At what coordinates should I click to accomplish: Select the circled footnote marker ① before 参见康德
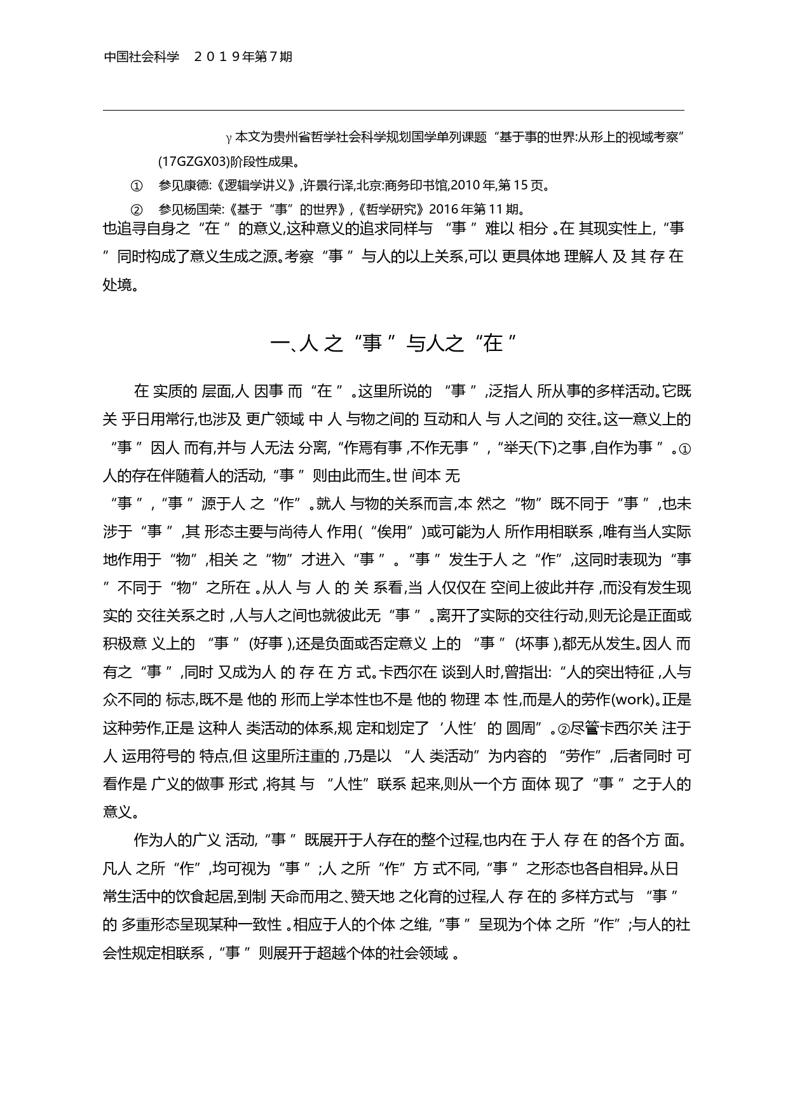point(137,186)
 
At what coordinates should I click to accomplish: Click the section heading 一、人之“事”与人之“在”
point(393,344)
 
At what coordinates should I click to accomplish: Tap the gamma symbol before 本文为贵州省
point(229,138)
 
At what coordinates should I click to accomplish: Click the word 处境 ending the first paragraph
point(118,285)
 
